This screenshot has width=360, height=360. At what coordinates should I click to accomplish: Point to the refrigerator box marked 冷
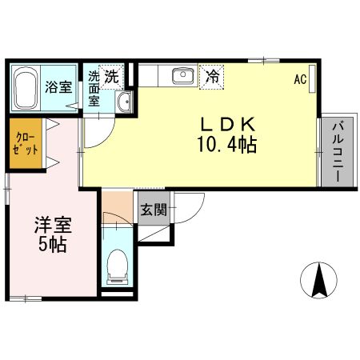pos(211,77)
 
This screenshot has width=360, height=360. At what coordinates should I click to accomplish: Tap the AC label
pos(300,79)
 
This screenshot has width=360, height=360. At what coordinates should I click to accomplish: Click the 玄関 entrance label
pos(154,211)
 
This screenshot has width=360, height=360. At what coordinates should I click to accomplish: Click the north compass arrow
pos(320,280)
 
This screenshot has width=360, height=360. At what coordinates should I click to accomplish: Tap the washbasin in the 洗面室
pos(124,102)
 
